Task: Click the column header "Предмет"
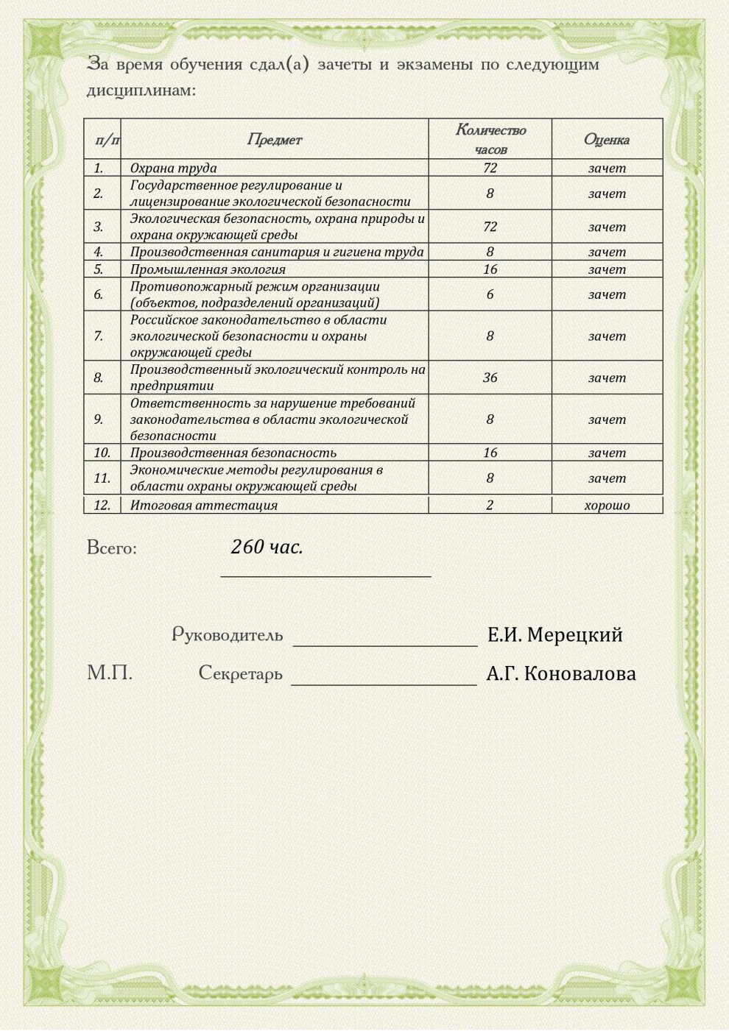tap(274, 139)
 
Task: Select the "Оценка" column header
tap(606, 139)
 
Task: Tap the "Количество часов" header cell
tap(490, 139)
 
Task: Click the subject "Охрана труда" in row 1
tap(173, 168)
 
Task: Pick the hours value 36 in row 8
tap(490, 378)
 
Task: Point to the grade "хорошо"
tap(607, 505)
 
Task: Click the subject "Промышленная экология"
tap(208, 269)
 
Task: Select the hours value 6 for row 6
tap(490, 294)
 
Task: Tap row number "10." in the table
tap(102, 453)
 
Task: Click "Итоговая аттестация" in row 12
tap(204, 505)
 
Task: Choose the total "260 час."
tap(267, 547)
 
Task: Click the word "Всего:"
tap(112, 548)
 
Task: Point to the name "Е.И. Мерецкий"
tap(554, 634)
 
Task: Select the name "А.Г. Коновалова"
tap(561, 673)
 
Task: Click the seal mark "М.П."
tap(110, 673)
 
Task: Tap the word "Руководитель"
tap(227, 634)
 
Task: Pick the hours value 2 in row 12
tap(490, 505)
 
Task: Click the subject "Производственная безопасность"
tap(233, 453)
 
